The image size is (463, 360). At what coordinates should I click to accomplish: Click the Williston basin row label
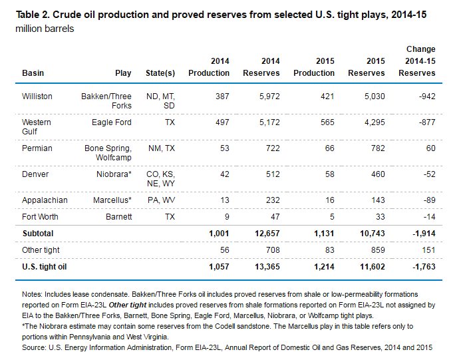click(x=37, y=96)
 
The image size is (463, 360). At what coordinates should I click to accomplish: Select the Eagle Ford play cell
click(x=111, y=122)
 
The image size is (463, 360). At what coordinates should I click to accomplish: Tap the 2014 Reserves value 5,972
click(x=269, y=96)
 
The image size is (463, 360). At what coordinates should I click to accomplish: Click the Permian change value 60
click(x=430, y=148)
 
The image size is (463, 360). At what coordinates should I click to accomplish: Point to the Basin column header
click(x=33, y=73)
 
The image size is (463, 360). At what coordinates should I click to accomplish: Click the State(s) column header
click(x=160, y=73)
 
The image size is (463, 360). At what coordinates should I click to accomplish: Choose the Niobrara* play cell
click(x=114, y=174)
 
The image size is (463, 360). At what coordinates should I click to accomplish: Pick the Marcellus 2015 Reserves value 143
click(x=378, y=200)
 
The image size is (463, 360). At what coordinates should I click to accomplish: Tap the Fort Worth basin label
click(x=40, y=217)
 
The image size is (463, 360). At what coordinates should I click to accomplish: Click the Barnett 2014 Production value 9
click(x=227, y=217)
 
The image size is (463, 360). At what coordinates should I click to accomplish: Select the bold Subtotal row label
click(x=38, y=234)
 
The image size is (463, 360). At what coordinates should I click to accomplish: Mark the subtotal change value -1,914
click(x=424, y=234)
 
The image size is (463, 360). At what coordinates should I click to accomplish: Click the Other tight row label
click(x=41, y=250)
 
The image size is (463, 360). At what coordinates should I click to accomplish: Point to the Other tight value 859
click(x=378, y=250)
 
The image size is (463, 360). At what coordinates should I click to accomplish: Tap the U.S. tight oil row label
click(x=45, y=267)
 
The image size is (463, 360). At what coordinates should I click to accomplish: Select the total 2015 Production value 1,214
click(x=324, y=267)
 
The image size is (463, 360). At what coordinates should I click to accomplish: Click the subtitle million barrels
click(x=45, y=29)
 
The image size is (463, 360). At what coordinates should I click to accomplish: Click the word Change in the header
click(x=421, y=49)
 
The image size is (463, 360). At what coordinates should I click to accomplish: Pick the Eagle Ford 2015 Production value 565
click(x=327, y=122)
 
